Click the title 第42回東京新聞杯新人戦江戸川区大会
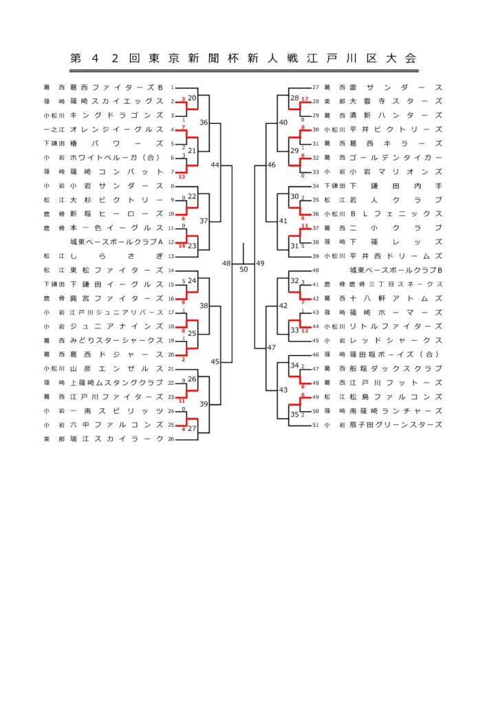[x=243, y=59]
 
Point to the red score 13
[x=182, y=178]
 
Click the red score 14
[x=182, y=245]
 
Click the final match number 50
[x=243, y=269]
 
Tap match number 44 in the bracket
[x=215, y=165]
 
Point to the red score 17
[x=304, y=99]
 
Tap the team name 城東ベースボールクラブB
[x=395, y=270]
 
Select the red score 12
[x=304, y=330]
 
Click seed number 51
[x=316, y=425]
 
